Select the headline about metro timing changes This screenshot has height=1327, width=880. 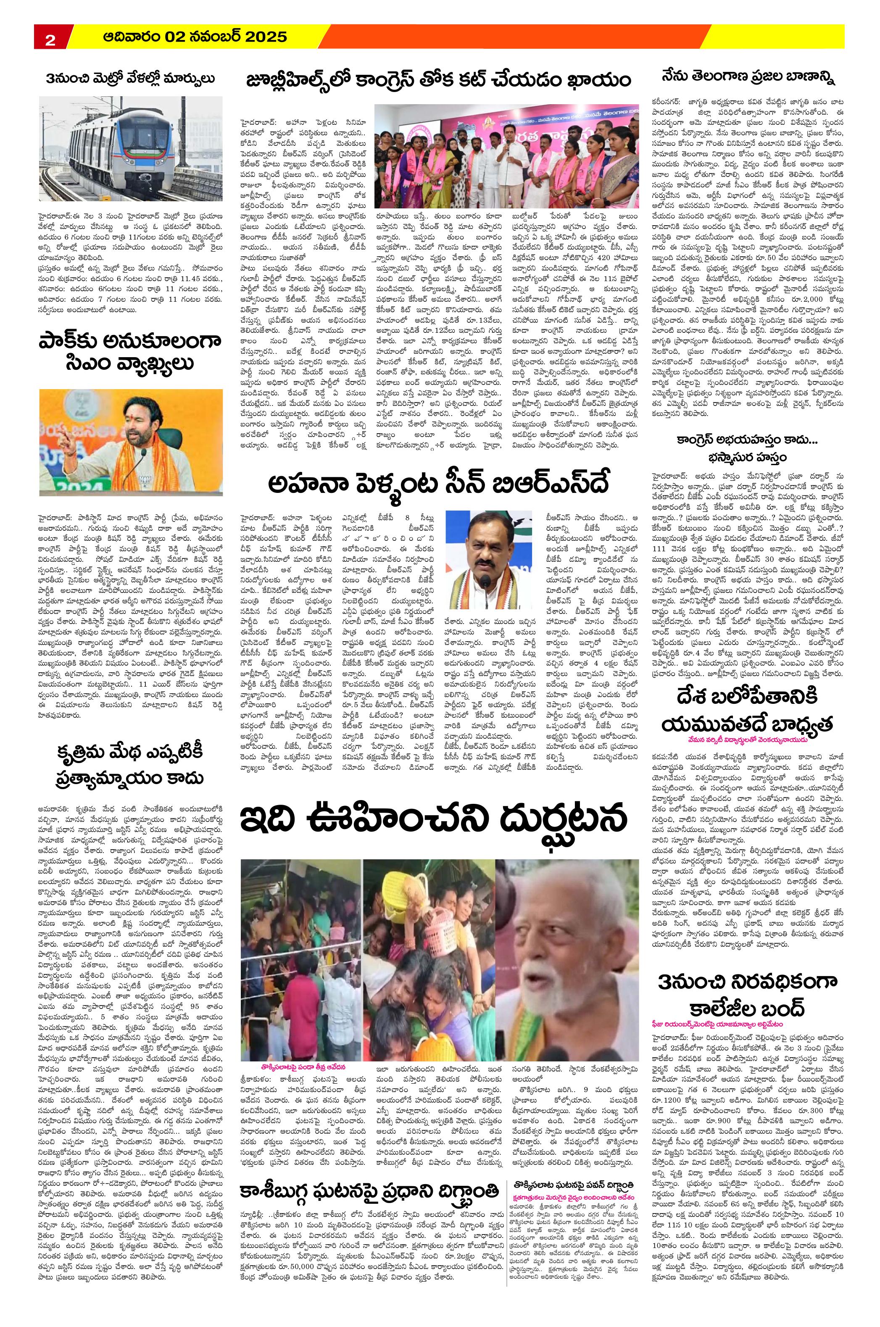[131, 79]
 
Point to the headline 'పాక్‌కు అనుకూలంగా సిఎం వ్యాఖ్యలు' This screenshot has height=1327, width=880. [130, 352]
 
